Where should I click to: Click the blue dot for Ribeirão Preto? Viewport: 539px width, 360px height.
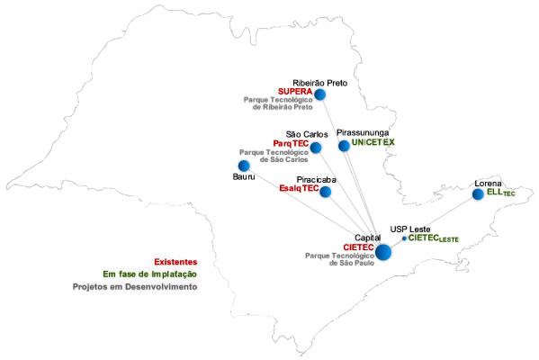pyautogui.click(x=320, y=94)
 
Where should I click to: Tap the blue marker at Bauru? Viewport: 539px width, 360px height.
pyautogui.click(x=244, y=166)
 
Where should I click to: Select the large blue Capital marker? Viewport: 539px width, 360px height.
pyautogui.click(x=383, y=252)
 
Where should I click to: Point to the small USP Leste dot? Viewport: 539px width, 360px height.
pyautogui.click(x=404, y=238)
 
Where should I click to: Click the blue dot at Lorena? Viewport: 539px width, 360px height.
pyautogui.click(x=478, y=194)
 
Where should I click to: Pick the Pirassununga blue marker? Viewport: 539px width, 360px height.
pyautogui.click(x=344, y=146)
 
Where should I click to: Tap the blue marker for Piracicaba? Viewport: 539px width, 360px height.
pyautogui.click(x=325, y=192)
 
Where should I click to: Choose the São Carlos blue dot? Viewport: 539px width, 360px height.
pyautogui.click(x=316, y=148)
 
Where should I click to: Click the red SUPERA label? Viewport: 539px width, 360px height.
pyautogui.click(x=295, y=92)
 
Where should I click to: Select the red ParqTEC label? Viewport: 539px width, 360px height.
pyautogui.click(x=291, y=143)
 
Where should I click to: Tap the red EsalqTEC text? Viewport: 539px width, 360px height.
pyautogui.click(x=299, y=188)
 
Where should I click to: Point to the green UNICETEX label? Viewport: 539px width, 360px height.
pyautogui.click(x=373, y=142)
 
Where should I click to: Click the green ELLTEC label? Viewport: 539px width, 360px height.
pyautogui.click(x=501, y=193)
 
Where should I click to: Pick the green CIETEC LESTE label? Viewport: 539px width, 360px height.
pyautogui.click(x=434, y=238)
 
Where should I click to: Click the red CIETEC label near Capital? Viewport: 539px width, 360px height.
pyautogui.click(x=358, y=247)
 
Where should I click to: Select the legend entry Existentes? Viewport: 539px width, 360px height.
pyautogui.click(x=175, y=262)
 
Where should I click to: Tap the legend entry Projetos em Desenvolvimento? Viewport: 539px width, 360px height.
pyautogui.click(x=135, y=287)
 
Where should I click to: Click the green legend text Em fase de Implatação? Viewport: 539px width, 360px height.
pyautogui.click(x=150, y=274)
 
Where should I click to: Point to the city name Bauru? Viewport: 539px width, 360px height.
pyautogui.click(x=244, y=176)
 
